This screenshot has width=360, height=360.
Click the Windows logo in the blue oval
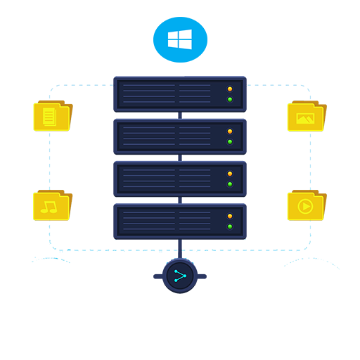click(180, 39)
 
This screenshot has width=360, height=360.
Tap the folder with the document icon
click(51, 116)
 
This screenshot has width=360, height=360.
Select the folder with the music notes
click(51, 205)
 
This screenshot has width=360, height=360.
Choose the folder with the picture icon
click(305, 117)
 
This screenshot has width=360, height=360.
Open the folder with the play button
click(305, 205)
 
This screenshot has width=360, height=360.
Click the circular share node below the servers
click(180, 276)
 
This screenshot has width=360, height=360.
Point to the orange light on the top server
click(230, 89)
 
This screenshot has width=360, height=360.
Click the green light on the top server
click(230, 99)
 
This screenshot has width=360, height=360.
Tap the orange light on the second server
click(230, 131)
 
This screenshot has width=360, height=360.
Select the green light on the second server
click(230, 141)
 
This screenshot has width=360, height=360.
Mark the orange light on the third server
click(230, 174)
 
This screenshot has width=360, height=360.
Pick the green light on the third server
click(230, 184)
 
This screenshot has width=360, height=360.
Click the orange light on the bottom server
click(230, 217)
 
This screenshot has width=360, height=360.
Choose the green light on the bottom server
click(230, 226)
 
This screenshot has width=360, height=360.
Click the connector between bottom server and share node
click(180, 248)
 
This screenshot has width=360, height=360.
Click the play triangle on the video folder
click(306, 207)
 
